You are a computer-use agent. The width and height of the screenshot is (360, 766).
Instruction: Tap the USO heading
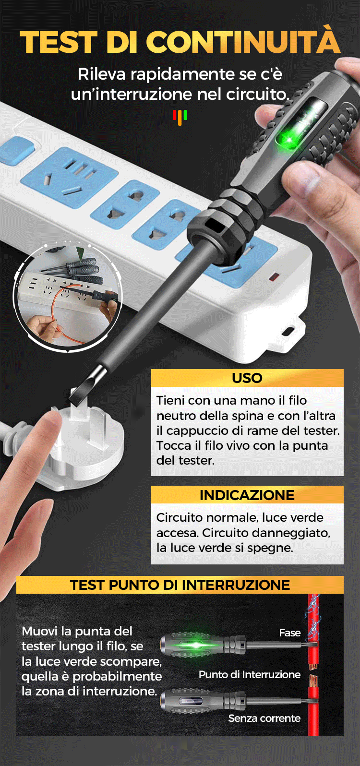[247, 378]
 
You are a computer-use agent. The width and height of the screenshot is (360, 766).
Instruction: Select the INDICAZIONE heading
[247, 495]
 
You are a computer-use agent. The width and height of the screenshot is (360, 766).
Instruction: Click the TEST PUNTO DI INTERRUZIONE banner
[180, 585]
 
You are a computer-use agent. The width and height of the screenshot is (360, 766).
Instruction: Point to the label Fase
[289, 633]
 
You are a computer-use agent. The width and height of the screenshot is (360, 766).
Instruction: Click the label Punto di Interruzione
[250, 674]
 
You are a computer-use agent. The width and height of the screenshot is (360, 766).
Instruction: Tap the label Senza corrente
[264, 718]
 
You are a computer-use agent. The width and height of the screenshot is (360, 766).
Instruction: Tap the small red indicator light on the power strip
[273, 276]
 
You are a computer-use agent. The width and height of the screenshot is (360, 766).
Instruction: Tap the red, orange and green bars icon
[180, 117]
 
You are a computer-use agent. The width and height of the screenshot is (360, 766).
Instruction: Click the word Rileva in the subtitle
[102, 74]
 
